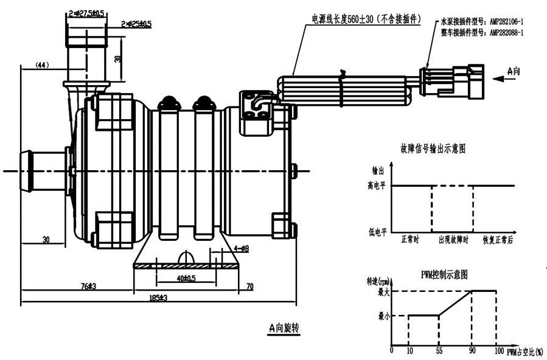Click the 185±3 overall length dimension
[x=158, y=298]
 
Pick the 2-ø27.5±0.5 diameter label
[x=86, y=12]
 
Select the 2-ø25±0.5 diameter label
[x=136, y=24]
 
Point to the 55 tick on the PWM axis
[x=439, y=351]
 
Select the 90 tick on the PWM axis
[x=472, y=351]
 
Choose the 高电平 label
[x=378, y=185]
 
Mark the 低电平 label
[x=378, y=232]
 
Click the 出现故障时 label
[x=454, y=241]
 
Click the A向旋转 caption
[x=284, y=328]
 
